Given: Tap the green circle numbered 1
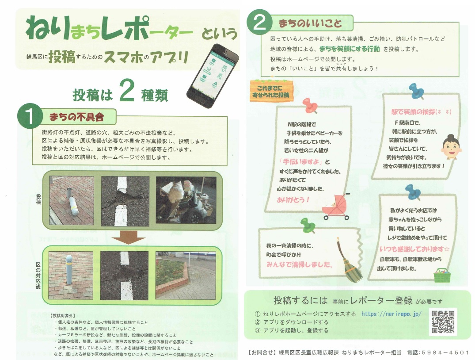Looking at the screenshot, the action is tap(30, 116).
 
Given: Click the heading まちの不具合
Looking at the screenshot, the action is tap(76, 117).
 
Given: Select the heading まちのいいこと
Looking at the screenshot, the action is tap(310, 23).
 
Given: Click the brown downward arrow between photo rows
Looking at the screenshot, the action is tap(129, 237).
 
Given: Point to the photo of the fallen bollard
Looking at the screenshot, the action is tap(72, 200).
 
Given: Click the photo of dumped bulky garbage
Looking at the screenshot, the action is tap(186, 200).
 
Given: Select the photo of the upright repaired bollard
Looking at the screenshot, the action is tap(71, 276).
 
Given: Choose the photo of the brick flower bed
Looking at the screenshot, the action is tap(186, 276).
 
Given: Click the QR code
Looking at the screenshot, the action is tap(443, 322).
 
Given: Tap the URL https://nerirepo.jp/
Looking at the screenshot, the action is tap(391, 314).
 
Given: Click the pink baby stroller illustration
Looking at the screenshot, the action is tap(336, 207).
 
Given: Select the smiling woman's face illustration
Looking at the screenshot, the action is tap(451, 147).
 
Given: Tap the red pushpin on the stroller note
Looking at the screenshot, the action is tap(310, 106).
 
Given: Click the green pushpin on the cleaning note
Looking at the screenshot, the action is tap(308, 226).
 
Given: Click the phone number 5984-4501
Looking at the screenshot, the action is tap(445, 352).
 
